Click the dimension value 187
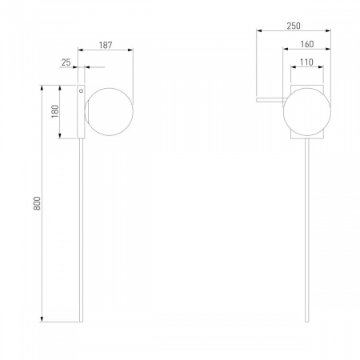coord(106,45)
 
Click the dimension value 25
coord(66,62)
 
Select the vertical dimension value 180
coord(55,111)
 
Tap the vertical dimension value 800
coord(37,203)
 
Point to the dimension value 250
coord(294,26)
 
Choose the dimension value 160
coord(307,44)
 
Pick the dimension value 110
coord(306,62)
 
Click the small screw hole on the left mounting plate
coord(81,91)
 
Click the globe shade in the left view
coord(109,112)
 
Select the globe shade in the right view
coord(307,112)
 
